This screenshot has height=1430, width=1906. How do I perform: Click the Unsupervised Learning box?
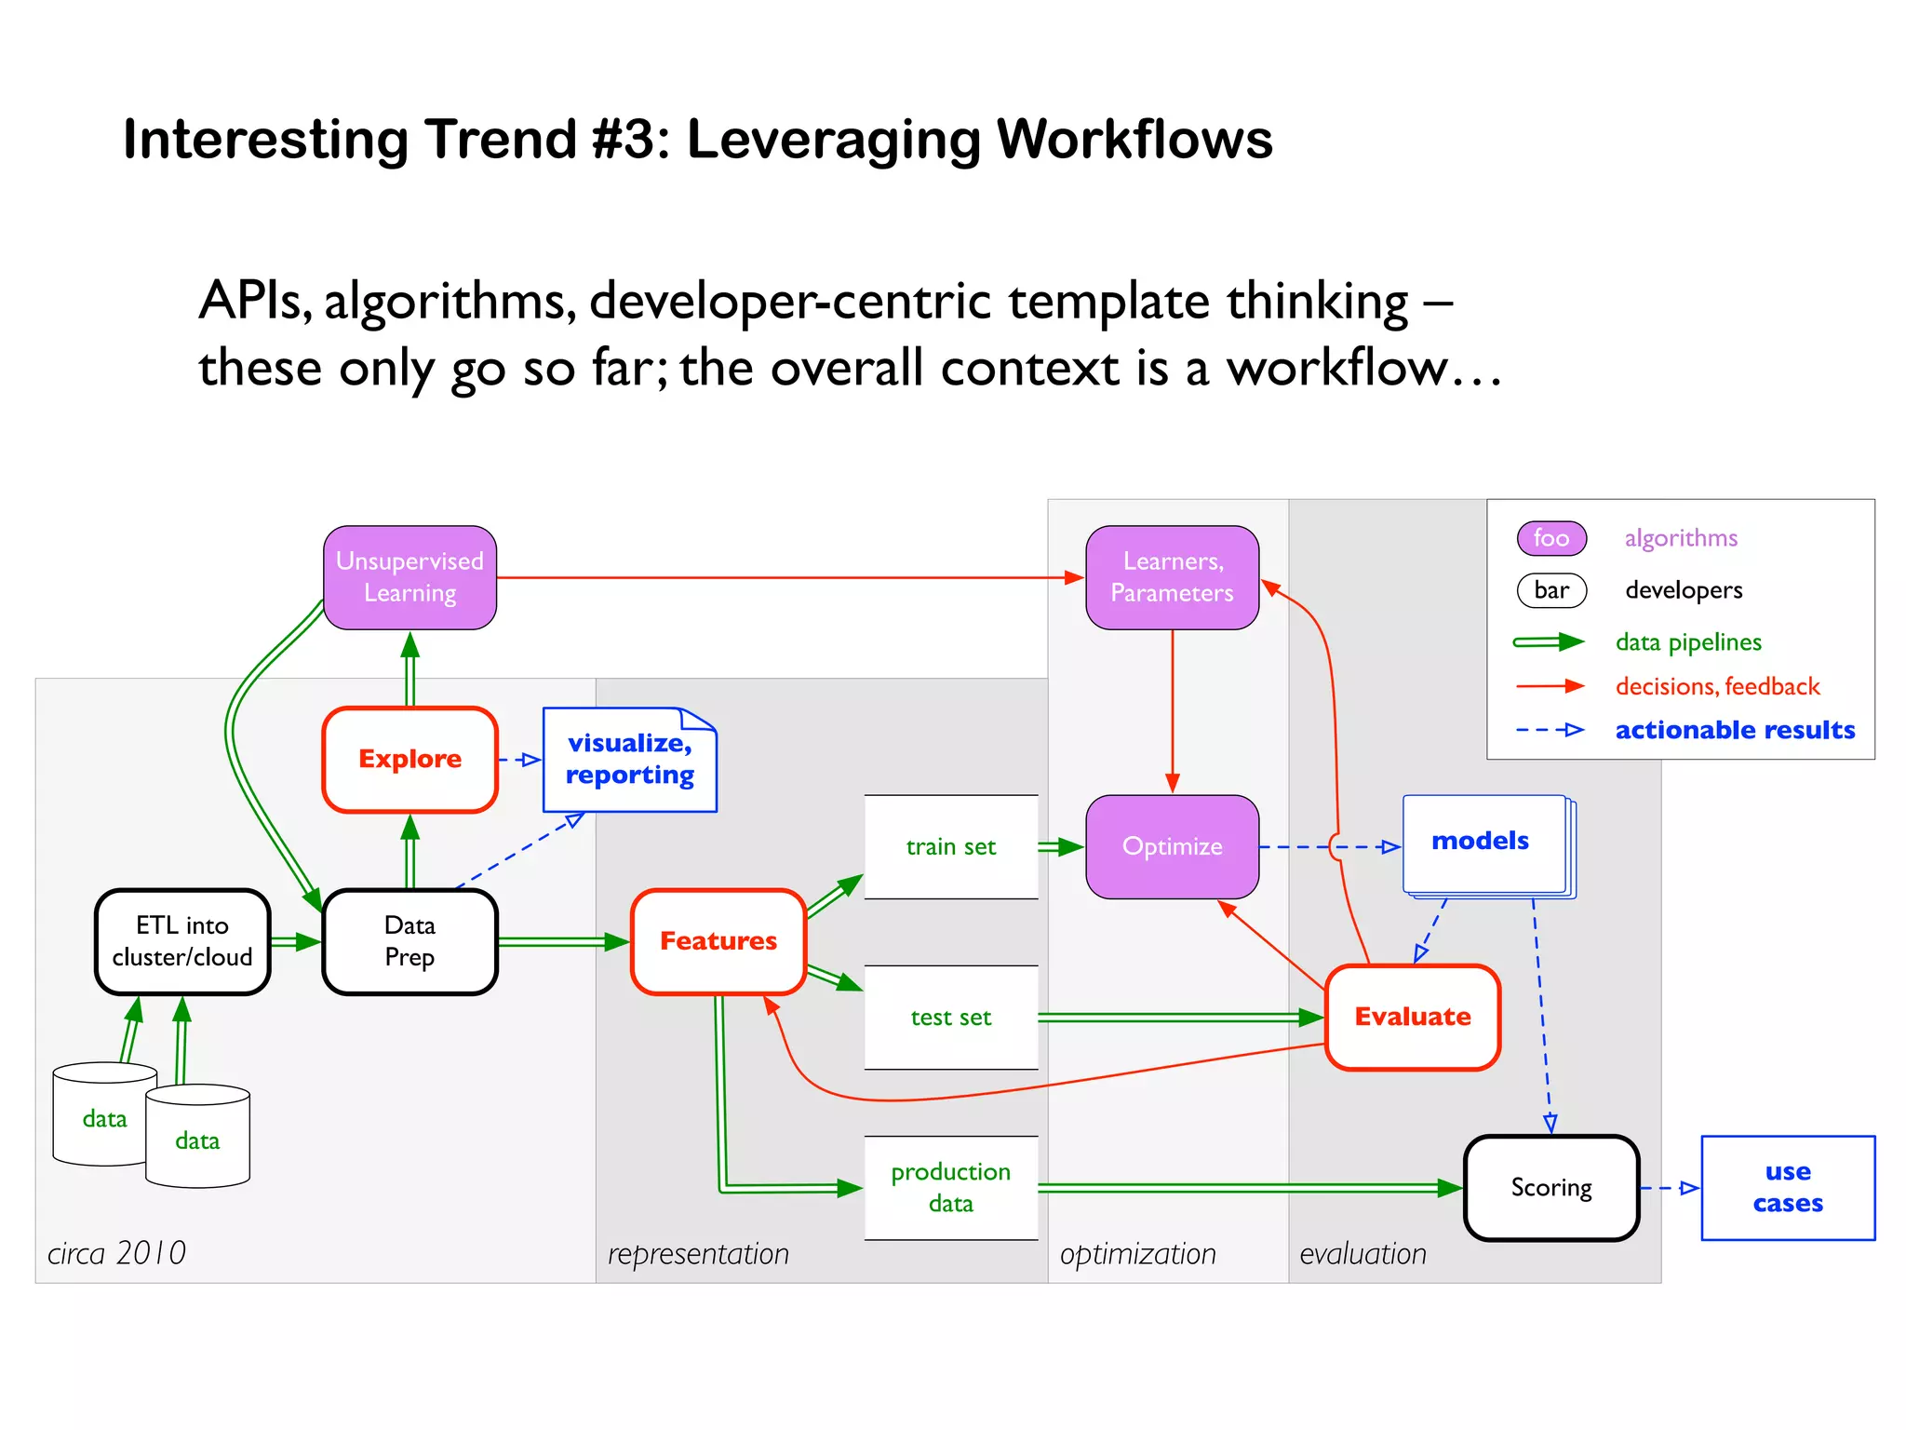click(x=409, y=577)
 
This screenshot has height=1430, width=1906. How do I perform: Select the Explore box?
click(x=409, y=759)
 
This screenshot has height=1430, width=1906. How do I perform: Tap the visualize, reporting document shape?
click(x=629, y=760)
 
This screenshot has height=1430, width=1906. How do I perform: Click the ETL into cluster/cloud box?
click(x=182, y=941)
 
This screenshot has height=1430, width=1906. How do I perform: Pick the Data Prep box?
click(x=409, y=941)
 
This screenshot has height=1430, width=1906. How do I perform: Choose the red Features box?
click(x=718, y=941)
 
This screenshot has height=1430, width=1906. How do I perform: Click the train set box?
click(x=950, y=846)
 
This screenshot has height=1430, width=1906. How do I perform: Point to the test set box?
click(x=950, y=1017)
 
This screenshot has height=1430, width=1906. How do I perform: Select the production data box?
click(x=950, y=1187)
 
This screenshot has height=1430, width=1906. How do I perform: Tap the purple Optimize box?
click(x=1172, y=846)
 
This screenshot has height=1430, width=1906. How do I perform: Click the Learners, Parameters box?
click(x=1172, y=577)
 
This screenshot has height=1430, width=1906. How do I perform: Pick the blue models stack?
click(x=1485, y=844)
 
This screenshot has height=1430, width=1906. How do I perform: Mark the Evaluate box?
click(x=1412, y=1017)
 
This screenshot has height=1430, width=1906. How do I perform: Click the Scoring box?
click(x=1551, y=1187)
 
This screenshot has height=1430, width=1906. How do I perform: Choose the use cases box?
click(x=1787, y=1187)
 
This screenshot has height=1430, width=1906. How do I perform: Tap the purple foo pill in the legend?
click(x=1551, y=538)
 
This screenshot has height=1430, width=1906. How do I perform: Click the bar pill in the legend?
click(x=1551, y=590)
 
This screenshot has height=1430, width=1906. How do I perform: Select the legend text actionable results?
click(x=1735, y=730)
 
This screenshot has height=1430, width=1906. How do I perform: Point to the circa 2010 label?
click(x=117, y=1253)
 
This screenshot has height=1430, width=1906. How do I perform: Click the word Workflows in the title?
click(x=1134, y=140)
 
